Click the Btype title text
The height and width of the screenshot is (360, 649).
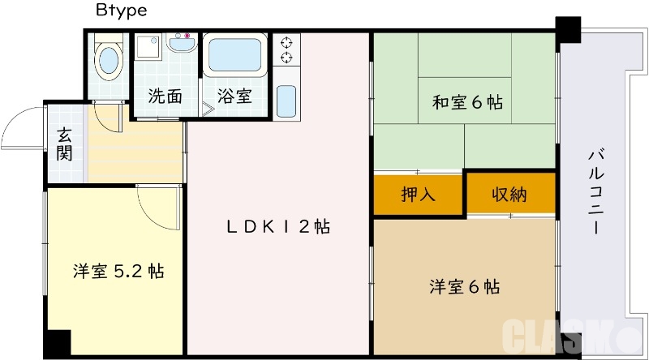coord(121,11)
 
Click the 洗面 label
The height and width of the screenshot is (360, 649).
coord(165,96)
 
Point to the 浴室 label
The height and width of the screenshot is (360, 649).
coord(234,96)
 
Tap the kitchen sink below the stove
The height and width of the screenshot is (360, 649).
coord(286,101)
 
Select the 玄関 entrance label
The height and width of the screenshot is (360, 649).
coord(66,144)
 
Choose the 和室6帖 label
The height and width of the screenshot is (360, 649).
coord(466,103)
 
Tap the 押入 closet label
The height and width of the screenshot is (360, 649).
coord(419,195)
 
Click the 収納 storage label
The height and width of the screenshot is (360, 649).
coord(509,195)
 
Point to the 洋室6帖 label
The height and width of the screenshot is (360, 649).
coord(464,286)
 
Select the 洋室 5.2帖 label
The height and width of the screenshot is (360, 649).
coord(118,271)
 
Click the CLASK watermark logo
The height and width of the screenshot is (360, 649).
coord(560,335)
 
